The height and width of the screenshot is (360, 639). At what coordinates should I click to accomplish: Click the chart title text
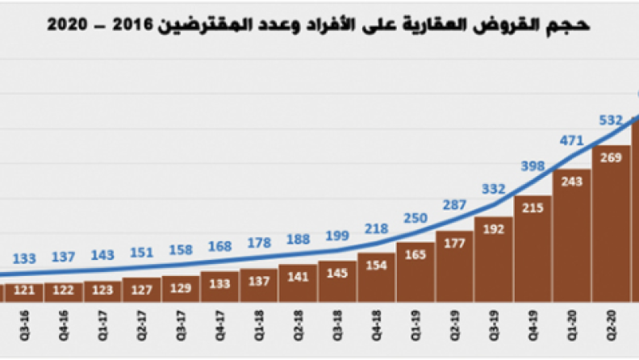coord(319,24)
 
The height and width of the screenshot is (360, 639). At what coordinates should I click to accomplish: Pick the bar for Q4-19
coord(532,250)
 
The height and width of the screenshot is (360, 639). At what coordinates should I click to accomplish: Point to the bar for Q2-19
coord(455,266)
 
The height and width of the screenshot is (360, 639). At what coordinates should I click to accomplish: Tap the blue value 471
coord(571,140)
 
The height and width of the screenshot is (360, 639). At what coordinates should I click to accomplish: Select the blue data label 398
coord(532,166)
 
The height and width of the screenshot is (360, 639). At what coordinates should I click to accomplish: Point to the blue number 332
coord(493,189)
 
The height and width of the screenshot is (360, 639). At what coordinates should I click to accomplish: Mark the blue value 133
coord(25,258)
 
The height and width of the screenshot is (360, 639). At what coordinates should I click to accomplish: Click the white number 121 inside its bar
coord(25,290)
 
